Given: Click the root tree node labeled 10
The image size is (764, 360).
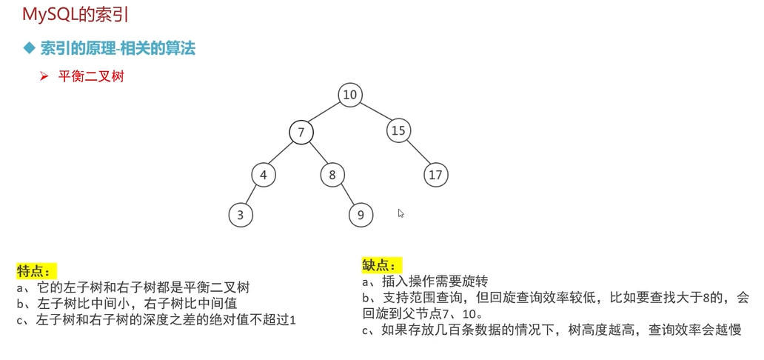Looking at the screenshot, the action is (350, 95).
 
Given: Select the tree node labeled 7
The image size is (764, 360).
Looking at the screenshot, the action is (301, 133).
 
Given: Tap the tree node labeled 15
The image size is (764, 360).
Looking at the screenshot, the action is (398, 131).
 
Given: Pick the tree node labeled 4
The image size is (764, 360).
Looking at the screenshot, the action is (263, 176).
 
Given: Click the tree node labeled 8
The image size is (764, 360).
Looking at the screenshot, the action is (332, 176).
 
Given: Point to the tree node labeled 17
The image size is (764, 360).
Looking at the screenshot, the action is (436, 176).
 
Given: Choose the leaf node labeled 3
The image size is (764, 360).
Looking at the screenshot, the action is (240, 215).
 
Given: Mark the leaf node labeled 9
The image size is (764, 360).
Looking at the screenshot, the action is (361, 215).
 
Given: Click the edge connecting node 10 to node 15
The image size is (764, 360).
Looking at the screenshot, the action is (374, 113).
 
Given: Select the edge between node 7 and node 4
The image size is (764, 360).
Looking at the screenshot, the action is (282, 154).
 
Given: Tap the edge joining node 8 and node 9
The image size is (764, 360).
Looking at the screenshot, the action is (346, 196).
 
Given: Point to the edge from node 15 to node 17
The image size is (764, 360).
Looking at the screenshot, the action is (417, 153).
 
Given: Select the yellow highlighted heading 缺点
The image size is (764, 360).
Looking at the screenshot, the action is (381, 265).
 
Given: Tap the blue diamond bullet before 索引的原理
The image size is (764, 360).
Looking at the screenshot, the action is (30, 49).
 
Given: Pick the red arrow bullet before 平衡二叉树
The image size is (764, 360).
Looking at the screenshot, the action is (44, 76).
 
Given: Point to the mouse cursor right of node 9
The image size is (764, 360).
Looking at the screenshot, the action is (401, 213).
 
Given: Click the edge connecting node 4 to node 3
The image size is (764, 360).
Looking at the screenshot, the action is (252, 195).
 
